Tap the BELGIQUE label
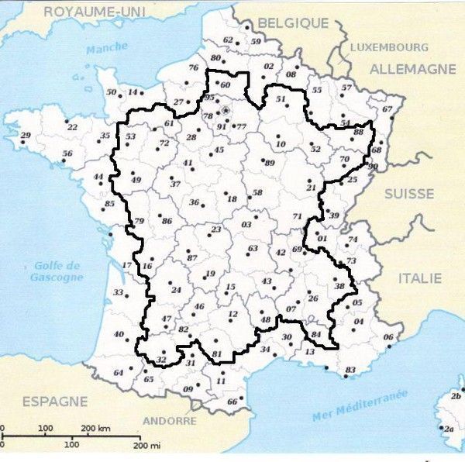tap(293, 23)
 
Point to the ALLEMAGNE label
tap(412, 69)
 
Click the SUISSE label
tap(409, 193)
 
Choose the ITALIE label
tap(420, 278)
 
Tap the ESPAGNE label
tap(54, 402)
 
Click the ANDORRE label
tap(170, 421)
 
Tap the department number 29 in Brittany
tap(25, 136)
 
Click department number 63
tap(253, 248)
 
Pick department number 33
tap(119, 292)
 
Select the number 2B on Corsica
tap(456, 396)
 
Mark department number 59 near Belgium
tap(256, 41)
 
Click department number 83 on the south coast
tap(350, 369)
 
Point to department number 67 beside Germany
tap(387, 109)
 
